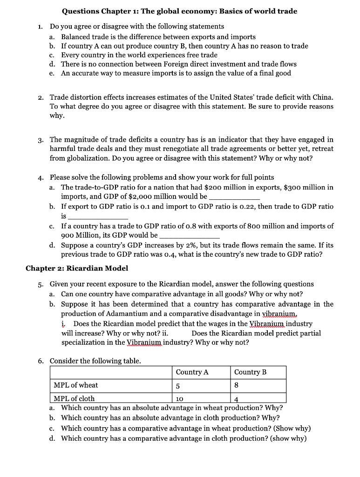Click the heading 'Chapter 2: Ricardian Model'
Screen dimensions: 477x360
(x=76, y=268)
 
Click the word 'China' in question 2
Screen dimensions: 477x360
(x=322, y=97)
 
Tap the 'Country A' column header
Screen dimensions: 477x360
(x=192, y=372)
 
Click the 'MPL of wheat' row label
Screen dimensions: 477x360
(x=76, y=385)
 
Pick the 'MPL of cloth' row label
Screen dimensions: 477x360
(x=74, y=398)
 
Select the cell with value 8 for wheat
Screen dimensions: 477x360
(x=237, y=386)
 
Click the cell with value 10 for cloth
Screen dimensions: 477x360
(x=180, y=399)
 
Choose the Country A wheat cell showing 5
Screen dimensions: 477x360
(x=178, y=386)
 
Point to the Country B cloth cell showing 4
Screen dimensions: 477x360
(x=237, y=399)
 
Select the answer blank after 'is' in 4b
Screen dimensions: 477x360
(x=98, y=217)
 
